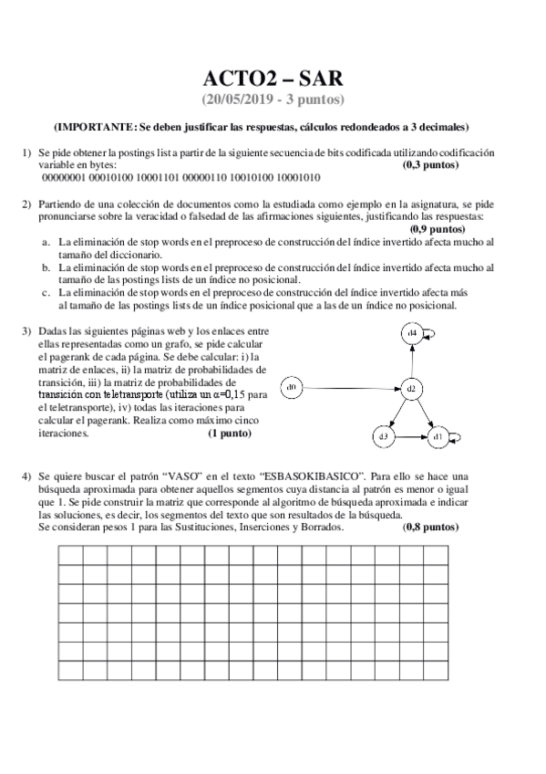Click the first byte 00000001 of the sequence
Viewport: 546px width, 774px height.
coord(63,179)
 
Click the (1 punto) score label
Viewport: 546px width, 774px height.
coord(230,434)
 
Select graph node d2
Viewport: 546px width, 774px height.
coord(411,390)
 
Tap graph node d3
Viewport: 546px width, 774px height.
coord(383,437)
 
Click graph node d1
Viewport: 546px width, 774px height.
coord(438,437)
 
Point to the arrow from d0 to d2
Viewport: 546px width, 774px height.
coord(351,390)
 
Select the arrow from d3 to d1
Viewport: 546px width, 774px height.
coord(410,437)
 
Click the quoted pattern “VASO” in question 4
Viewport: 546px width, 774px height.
coord(179,476)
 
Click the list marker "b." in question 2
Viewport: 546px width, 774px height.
coord(46,267)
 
